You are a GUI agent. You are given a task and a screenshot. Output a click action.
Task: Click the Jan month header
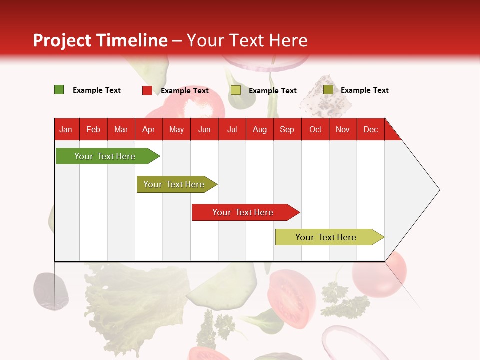66,129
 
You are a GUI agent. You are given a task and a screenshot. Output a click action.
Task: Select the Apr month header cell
149,129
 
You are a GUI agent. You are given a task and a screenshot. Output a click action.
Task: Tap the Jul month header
232,129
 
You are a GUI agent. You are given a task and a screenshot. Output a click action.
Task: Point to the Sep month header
287,129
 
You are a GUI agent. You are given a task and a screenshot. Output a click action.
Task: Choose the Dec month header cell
370,129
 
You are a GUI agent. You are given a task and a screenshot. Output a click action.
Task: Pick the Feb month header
93,129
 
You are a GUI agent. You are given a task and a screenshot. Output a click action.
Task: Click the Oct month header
315,129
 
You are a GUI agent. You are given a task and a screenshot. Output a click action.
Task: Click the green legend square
59,90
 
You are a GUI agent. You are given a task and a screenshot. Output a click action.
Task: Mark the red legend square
147,90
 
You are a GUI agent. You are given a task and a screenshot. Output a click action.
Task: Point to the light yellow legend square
236,90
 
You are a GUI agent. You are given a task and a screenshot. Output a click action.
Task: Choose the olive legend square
328,90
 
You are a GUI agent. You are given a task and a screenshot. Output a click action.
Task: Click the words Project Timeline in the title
100,40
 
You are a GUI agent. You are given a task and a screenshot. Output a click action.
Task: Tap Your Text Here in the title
247,40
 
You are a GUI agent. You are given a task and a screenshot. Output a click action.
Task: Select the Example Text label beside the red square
185,91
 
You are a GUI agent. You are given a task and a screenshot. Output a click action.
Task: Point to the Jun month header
204,129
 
